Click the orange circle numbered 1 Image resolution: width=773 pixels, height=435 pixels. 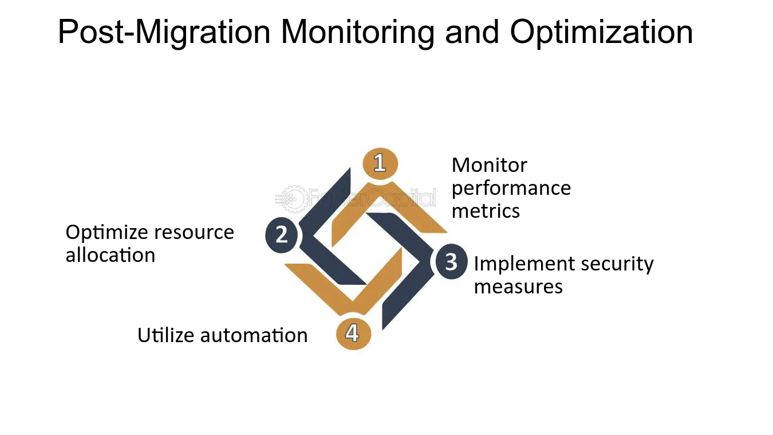click(x=380, y=163)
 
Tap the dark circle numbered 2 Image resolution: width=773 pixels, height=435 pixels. click(x=281, y=235)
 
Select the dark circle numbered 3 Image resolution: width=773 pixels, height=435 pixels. click(x=451, y=261)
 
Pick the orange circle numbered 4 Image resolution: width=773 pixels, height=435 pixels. click(x=353, y=334)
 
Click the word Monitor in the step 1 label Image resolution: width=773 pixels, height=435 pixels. click(x=490, y=165)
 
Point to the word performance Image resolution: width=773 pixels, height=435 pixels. click(x=511, y=189)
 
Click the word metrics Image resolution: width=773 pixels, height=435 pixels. click(x=486, y=211)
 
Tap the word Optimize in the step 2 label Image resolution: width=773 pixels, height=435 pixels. click(x=107, y=233)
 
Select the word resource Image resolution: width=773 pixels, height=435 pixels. click(x=194, y=233)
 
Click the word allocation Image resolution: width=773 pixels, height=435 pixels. click(x=111, y=256)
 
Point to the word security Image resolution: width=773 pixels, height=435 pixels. click(x=617, y=265)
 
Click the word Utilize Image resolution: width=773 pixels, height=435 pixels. click(x=165, y=335)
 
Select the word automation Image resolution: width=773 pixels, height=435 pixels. click(x=254, y=336)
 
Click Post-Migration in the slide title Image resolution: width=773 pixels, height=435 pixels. click(x=164, y=33)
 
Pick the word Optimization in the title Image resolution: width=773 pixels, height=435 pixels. click(x=601, y=33)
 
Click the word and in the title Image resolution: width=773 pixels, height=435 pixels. click(x=472, y=32)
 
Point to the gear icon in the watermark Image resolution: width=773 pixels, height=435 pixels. click(x=292, y=199)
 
